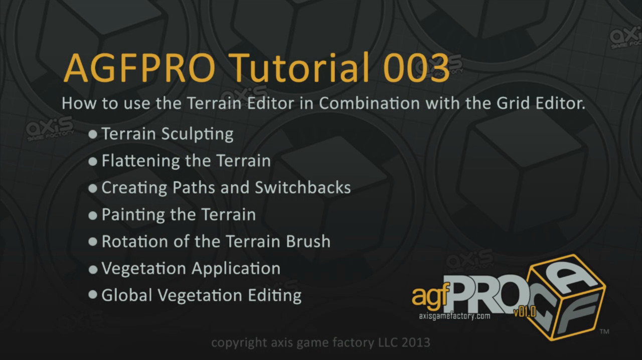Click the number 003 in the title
[x=416, y=68]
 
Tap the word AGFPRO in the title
[x=139, y=68]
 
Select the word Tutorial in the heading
[x=299, y=68]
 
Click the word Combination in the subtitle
[x=370, y=103]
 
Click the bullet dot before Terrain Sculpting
[x=93, y=134]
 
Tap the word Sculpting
[x=198, y=134]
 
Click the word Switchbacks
[x=302, y=188]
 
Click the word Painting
[x=133, y=215]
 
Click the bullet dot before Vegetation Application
[x=93, y=269]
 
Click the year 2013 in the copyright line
[x=416, y=342]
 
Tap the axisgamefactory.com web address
[x=454, y=316]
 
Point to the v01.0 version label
[x=525, y=311]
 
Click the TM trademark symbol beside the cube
[x=604, y=331]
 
